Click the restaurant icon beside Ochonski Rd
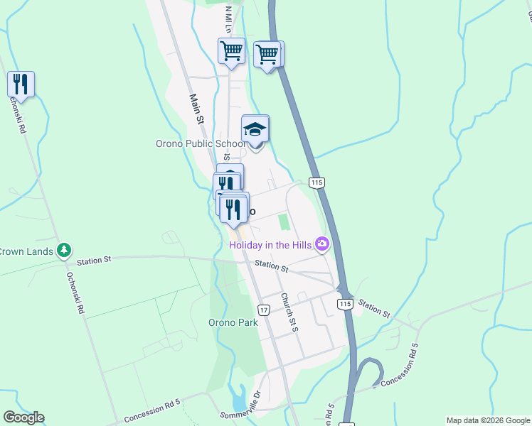[x=21, y=84]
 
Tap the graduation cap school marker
[x=255, y=129]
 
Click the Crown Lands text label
[x=27, y=250]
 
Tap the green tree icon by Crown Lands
[x=65, y=250]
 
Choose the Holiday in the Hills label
[x=272, y=245]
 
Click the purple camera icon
[x=323, y=244]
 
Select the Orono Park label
[x=233, y=322]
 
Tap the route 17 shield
[x=264, y=310]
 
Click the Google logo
[x=23, y=417]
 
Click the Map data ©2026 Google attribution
[x=487, y=420]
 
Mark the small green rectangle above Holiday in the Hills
[x=284, y=222]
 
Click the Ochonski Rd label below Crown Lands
[x=75, y=294]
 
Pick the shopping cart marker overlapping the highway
[x=269, y=55]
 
